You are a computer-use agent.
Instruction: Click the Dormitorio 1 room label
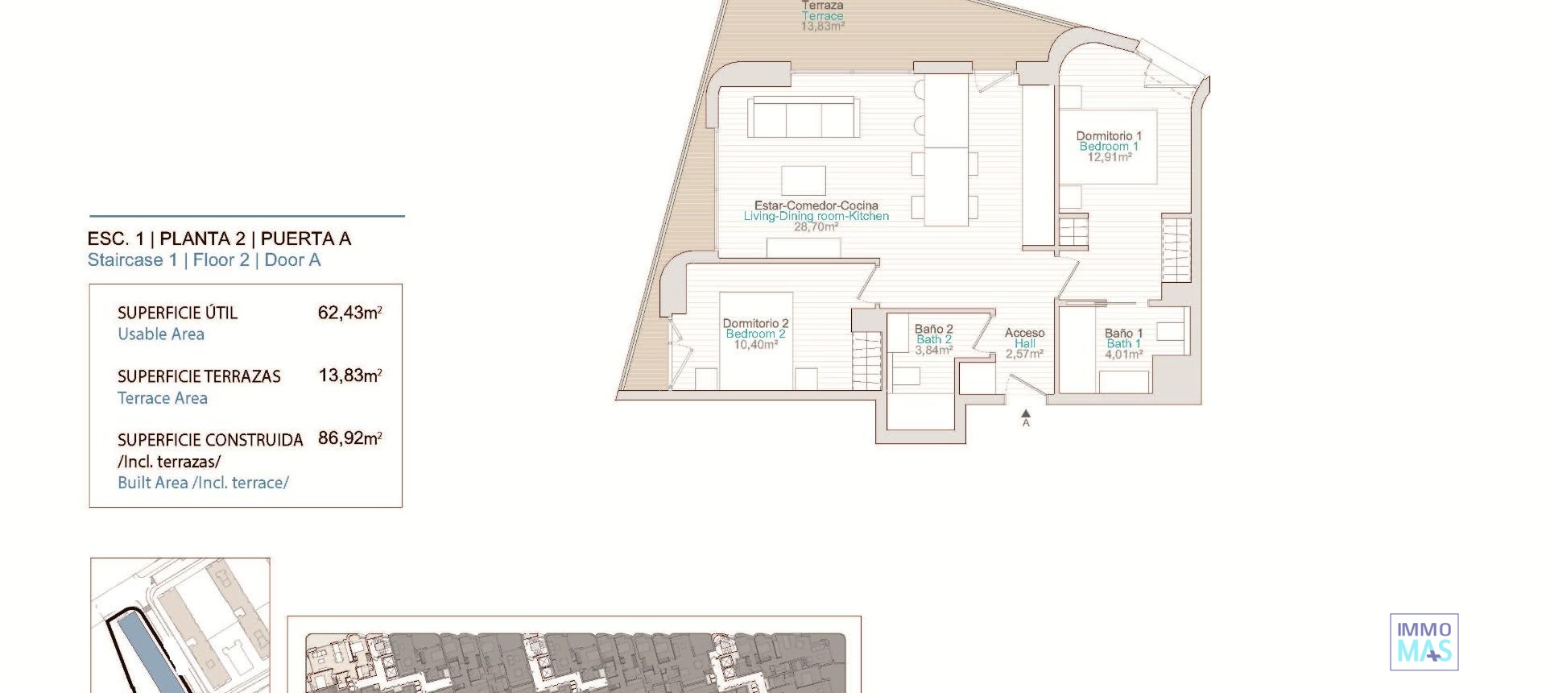click(1109, 136)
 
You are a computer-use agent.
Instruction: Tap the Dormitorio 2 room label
click(755, 323)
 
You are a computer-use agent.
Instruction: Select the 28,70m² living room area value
click(816, 227)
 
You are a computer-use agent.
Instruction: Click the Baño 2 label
click(933, 329)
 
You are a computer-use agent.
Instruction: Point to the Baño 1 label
click(1123, 333)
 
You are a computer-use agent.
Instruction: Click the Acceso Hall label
click(1024, 338)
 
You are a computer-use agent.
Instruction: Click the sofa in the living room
click(803, 118)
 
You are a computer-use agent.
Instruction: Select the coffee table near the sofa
click(803, 181)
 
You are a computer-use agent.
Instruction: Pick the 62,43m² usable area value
click(349, 313)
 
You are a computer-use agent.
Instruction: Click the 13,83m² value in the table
click(349, 376)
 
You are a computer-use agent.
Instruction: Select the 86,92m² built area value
click(349, 438)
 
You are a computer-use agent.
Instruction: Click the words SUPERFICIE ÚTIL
click(177, 313)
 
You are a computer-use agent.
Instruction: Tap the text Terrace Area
click(163, 398)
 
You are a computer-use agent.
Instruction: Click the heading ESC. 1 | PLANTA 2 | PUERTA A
click(219, 239)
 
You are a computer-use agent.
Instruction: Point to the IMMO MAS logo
click(1424, 641)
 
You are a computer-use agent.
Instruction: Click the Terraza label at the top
click(822, 6)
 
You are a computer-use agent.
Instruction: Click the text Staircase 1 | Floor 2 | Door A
click(204, 260)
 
